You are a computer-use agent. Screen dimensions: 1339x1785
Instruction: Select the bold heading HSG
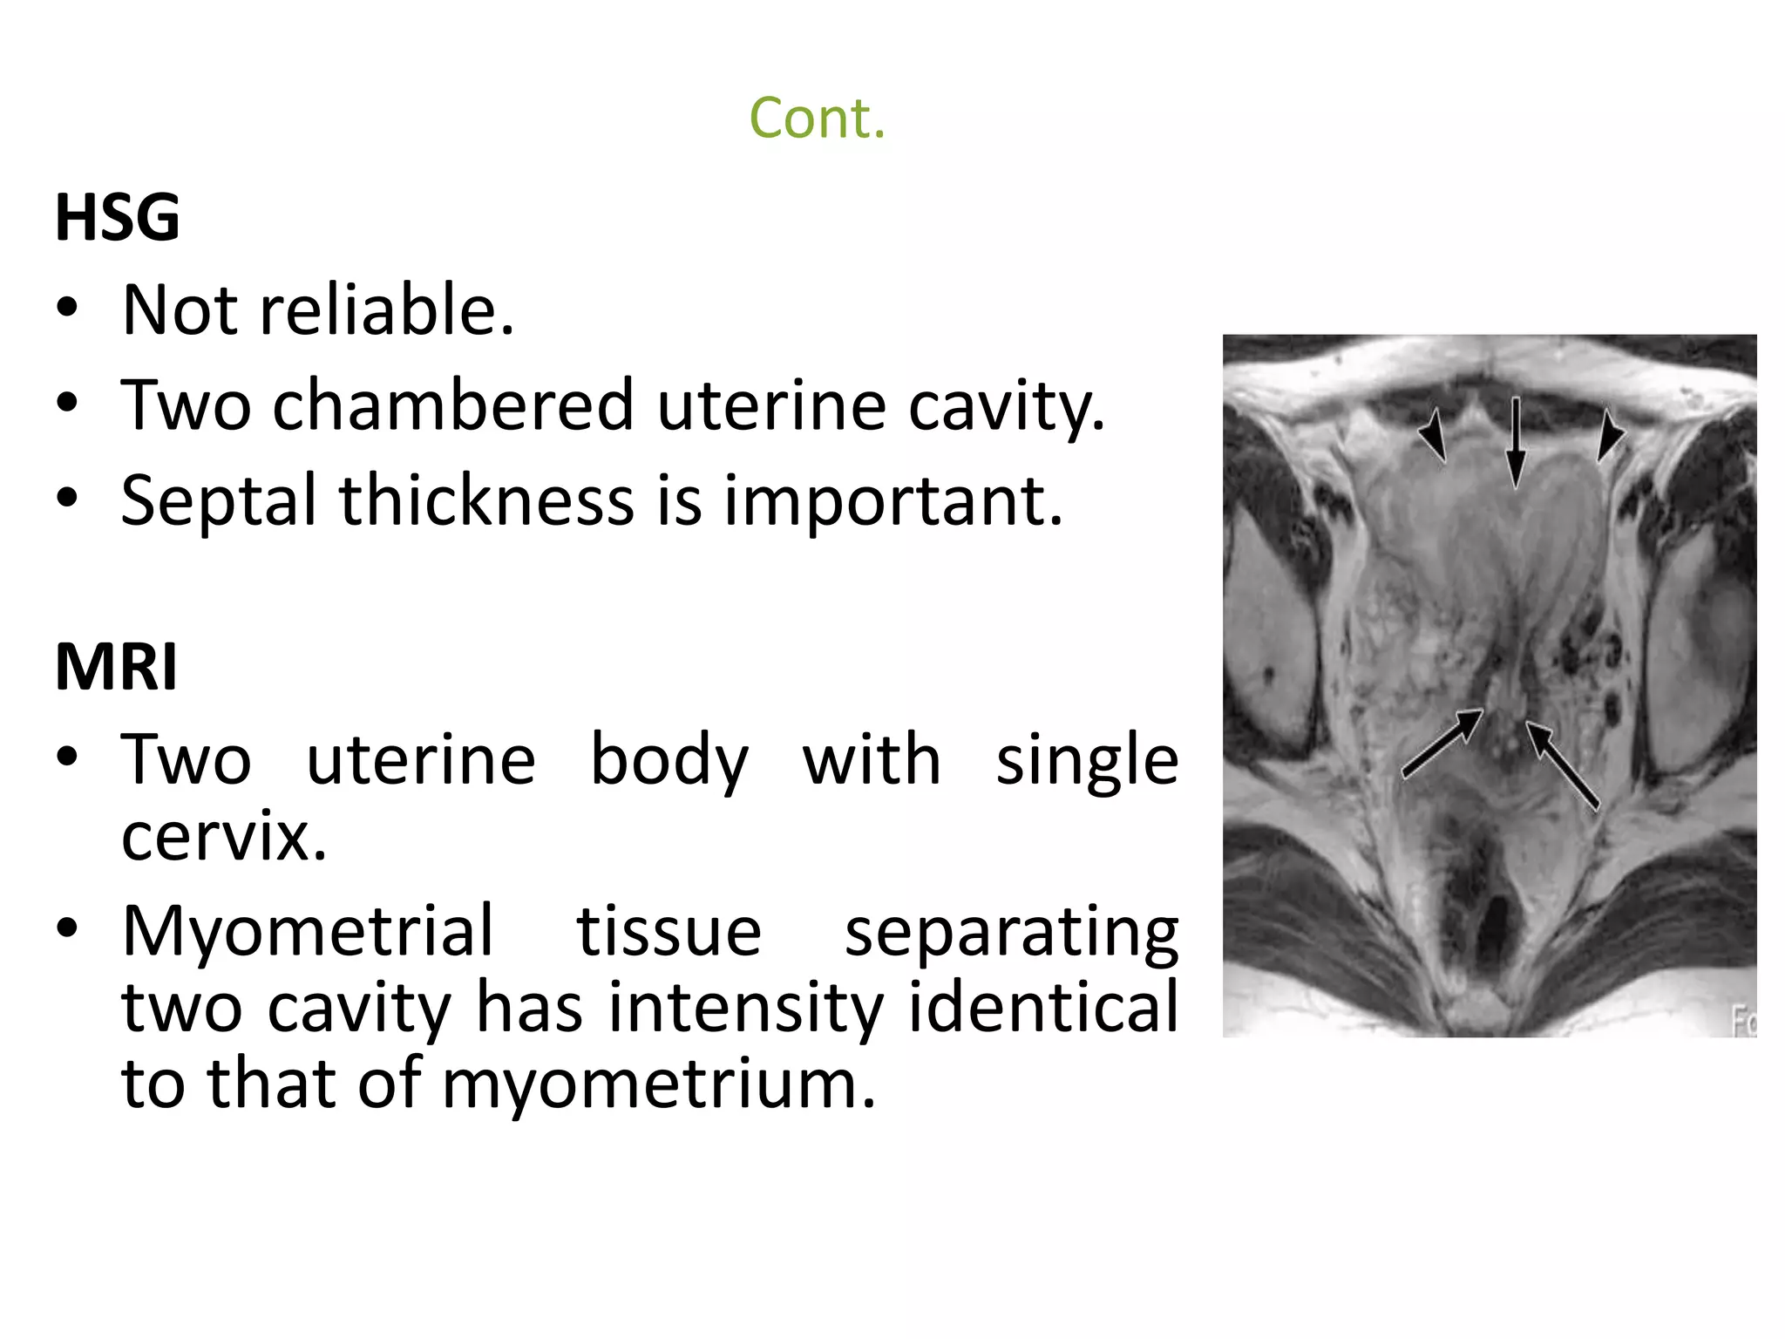(x=118, y=217)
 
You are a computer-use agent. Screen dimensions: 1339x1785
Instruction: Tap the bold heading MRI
(x=116, y=667)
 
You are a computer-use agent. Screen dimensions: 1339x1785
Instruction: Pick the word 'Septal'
(x=218, y=501)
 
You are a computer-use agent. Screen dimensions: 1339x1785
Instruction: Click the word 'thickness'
(x=486, y=501)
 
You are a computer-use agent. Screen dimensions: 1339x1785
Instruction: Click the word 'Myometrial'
(x=308, y=931)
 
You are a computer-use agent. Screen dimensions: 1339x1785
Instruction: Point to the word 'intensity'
(x=746, y=1008)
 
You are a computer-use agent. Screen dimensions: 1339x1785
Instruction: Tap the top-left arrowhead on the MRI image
(x=1432, y=436)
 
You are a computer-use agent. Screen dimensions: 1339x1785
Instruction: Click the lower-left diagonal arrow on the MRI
(x=1442, y=741)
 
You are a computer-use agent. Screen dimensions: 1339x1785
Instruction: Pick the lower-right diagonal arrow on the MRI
(x=1562, y=765)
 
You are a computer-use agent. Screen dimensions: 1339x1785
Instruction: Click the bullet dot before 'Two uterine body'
(x=68, y=756)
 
